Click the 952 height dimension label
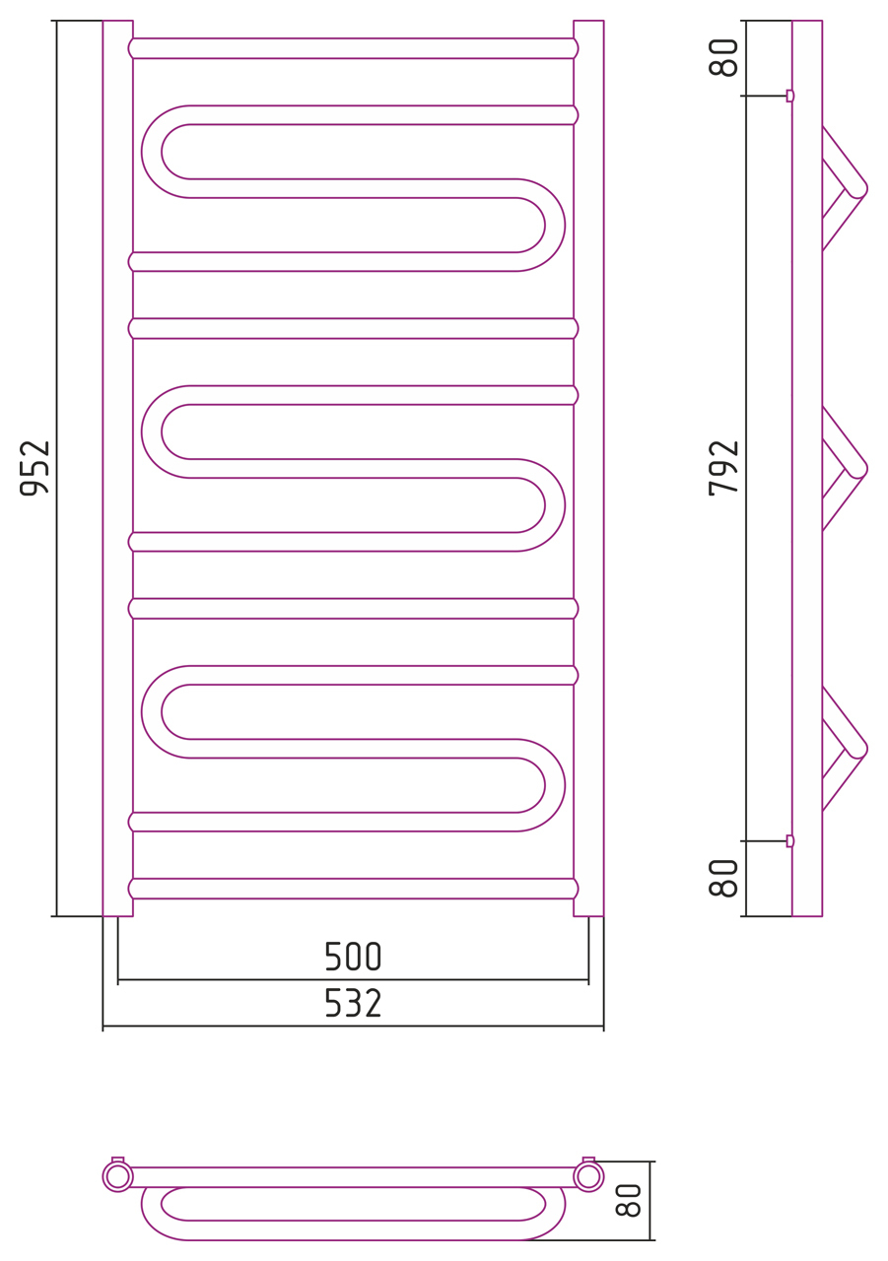coord(34,468)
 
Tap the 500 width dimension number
coord(353,957)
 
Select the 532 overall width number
coord(353,1003)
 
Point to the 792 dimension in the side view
coord(723,468)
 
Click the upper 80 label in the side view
coord(723,57)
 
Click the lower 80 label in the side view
coord(723,878)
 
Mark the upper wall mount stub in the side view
coord(790,96)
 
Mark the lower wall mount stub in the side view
coord(790,841)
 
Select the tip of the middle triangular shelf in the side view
coord(867,468)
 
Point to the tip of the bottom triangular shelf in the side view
coord(867,750)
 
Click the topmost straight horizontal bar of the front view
coord(353,48)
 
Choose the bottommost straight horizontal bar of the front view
coord(353,889)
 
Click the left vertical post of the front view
coord(117,468)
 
